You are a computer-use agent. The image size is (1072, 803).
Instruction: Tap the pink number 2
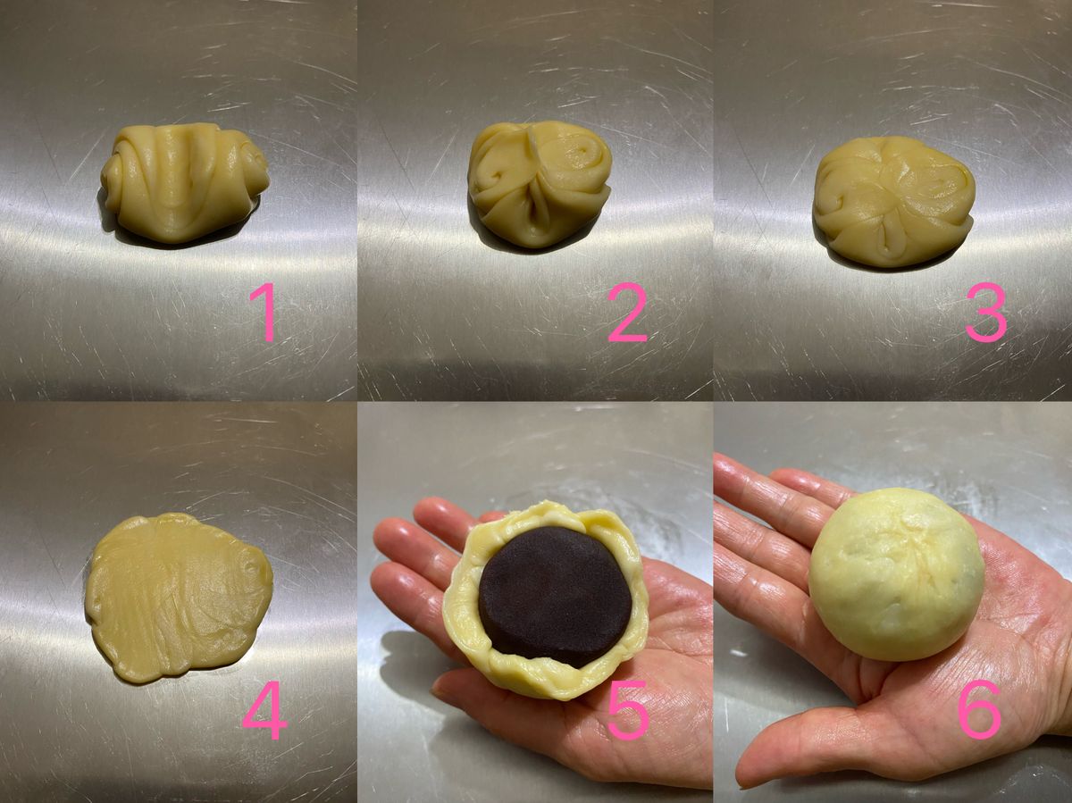click(x=628, y=312)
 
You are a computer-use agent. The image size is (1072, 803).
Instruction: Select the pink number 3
click(x=986, y=312)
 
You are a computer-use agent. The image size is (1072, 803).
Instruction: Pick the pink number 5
click(x=629, y=711)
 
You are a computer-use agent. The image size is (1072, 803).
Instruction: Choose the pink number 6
click(x=980, y=710)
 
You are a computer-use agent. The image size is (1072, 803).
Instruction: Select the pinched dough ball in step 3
click(x=894, y=201)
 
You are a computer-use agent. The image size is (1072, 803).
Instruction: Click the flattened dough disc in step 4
click(x=179, y=597)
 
